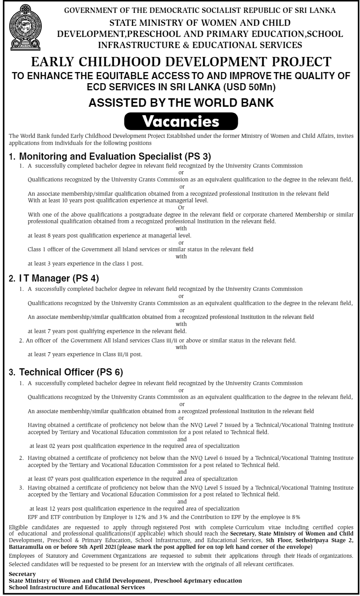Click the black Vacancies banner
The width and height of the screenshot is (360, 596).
[180, 121]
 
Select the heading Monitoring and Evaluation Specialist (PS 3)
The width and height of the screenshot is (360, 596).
[109, 156]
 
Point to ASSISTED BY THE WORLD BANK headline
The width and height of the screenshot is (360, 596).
[180, 103]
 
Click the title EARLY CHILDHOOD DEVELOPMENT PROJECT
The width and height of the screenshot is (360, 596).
[180, 62]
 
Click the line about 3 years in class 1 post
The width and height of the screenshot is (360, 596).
[85, 264]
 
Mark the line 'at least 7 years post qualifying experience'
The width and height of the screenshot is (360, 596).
[107, 331]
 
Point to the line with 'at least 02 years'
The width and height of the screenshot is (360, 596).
[134, 446]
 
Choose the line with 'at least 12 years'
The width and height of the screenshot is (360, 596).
[134, 508]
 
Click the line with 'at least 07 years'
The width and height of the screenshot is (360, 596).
[132, 479]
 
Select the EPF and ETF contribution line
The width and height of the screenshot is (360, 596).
[164, 517]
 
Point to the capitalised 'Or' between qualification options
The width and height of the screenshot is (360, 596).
[181, 207]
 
